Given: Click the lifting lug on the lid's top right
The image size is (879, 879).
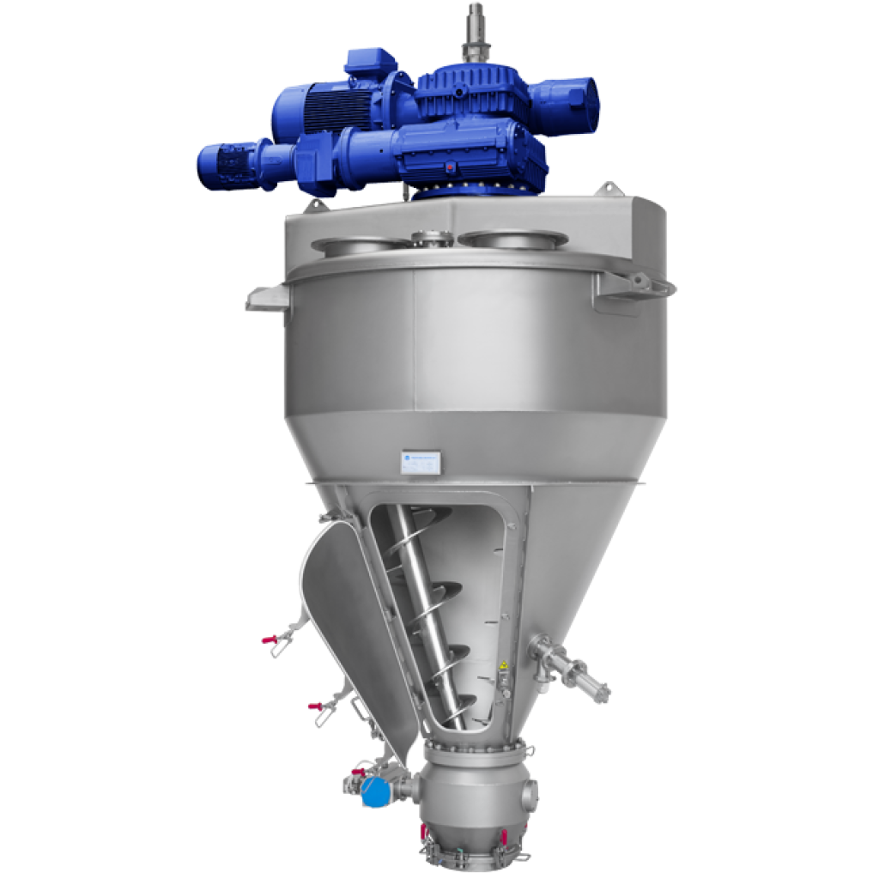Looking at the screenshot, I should pyautogui.click(x=609, y=187).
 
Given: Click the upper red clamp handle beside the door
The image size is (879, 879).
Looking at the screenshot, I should pyautogui.click(x=270, y=640).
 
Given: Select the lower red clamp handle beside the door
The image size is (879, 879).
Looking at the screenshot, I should pyautogui.click(x=315, y=706).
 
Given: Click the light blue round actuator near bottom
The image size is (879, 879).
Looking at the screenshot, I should pyautogui.click(x=373, y=791).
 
